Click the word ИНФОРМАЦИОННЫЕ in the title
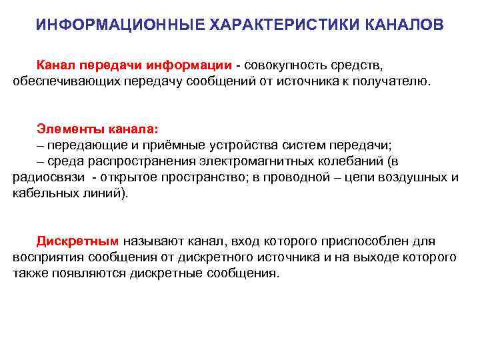[120, 25]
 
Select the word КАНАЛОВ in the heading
[406, 25]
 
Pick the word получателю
[393, 81]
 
